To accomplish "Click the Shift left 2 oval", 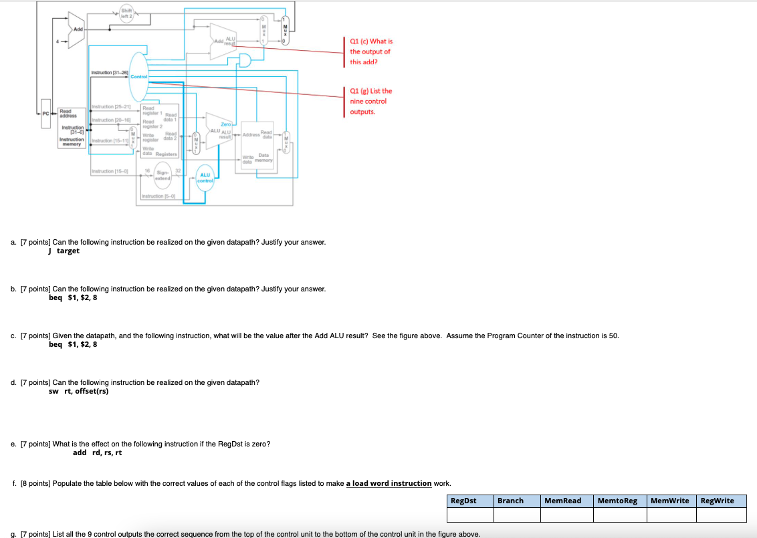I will [x=126, y=11].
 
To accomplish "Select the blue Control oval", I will [x=138, y=78].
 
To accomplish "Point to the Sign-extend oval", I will [x=163, y=174].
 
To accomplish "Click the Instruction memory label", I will [x=72, y=142].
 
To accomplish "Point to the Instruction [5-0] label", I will [x=158, y=196].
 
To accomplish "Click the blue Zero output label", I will [x=226, y=124].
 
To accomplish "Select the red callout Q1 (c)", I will [x=371, y=51].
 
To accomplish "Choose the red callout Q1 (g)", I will [x=371, y=101].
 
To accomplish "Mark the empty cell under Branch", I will [x=516, y=515].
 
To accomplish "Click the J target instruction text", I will [x=64, y=251].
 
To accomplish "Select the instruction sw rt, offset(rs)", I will [x=79, y=392].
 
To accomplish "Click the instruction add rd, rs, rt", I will [x=98, y=452].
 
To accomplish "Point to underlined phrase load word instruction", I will [x=389, y=483].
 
